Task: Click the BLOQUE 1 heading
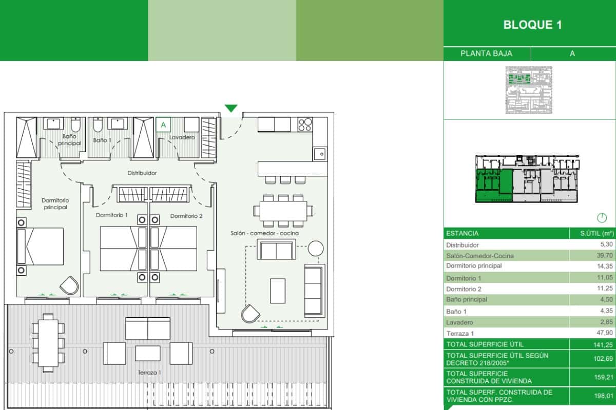pyautogui.click(x=532, y=25)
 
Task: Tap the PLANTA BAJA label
pyautogui.click(x=486, y=53)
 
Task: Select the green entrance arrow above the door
pyautogui.click(x=231, y=108)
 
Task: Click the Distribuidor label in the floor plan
pyautogui.click(x=142, y=173)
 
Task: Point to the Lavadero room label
pyautogui.click(x=182, y=138)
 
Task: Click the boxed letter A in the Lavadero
pyautogui.click(x=163, y=125)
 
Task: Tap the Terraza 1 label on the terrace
pyautogui.click(x=149, y=373)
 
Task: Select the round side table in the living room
pyautogui.click(x=316, y=249)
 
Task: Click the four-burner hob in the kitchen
pyautogui.click(x=305, y=125)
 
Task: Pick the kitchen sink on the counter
pyautogui.click(x=319, y=153)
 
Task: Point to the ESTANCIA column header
pyautogui.click(x=463, y=233)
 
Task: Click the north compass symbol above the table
pyautogui.click(x=603, y=218)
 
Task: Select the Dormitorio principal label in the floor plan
pyautogui.click(x=55, y=204)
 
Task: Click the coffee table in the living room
pyautogui.click(x=278, y=290)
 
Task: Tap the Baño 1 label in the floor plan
pyautogui.click(x=102, y=139)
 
